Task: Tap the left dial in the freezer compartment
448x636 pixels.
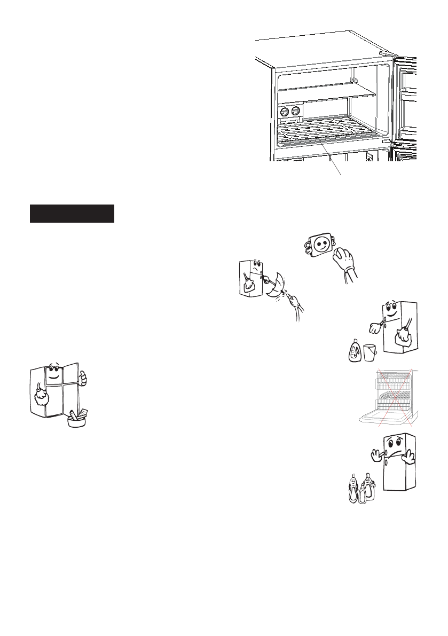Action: point(284,112)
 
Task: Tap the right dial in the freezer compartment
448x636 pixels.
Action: point(295,112)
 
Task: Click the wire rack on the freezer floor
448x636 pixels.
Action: point(326,136)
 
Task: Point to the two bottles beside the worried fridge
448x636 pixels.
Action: point(359,488)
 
